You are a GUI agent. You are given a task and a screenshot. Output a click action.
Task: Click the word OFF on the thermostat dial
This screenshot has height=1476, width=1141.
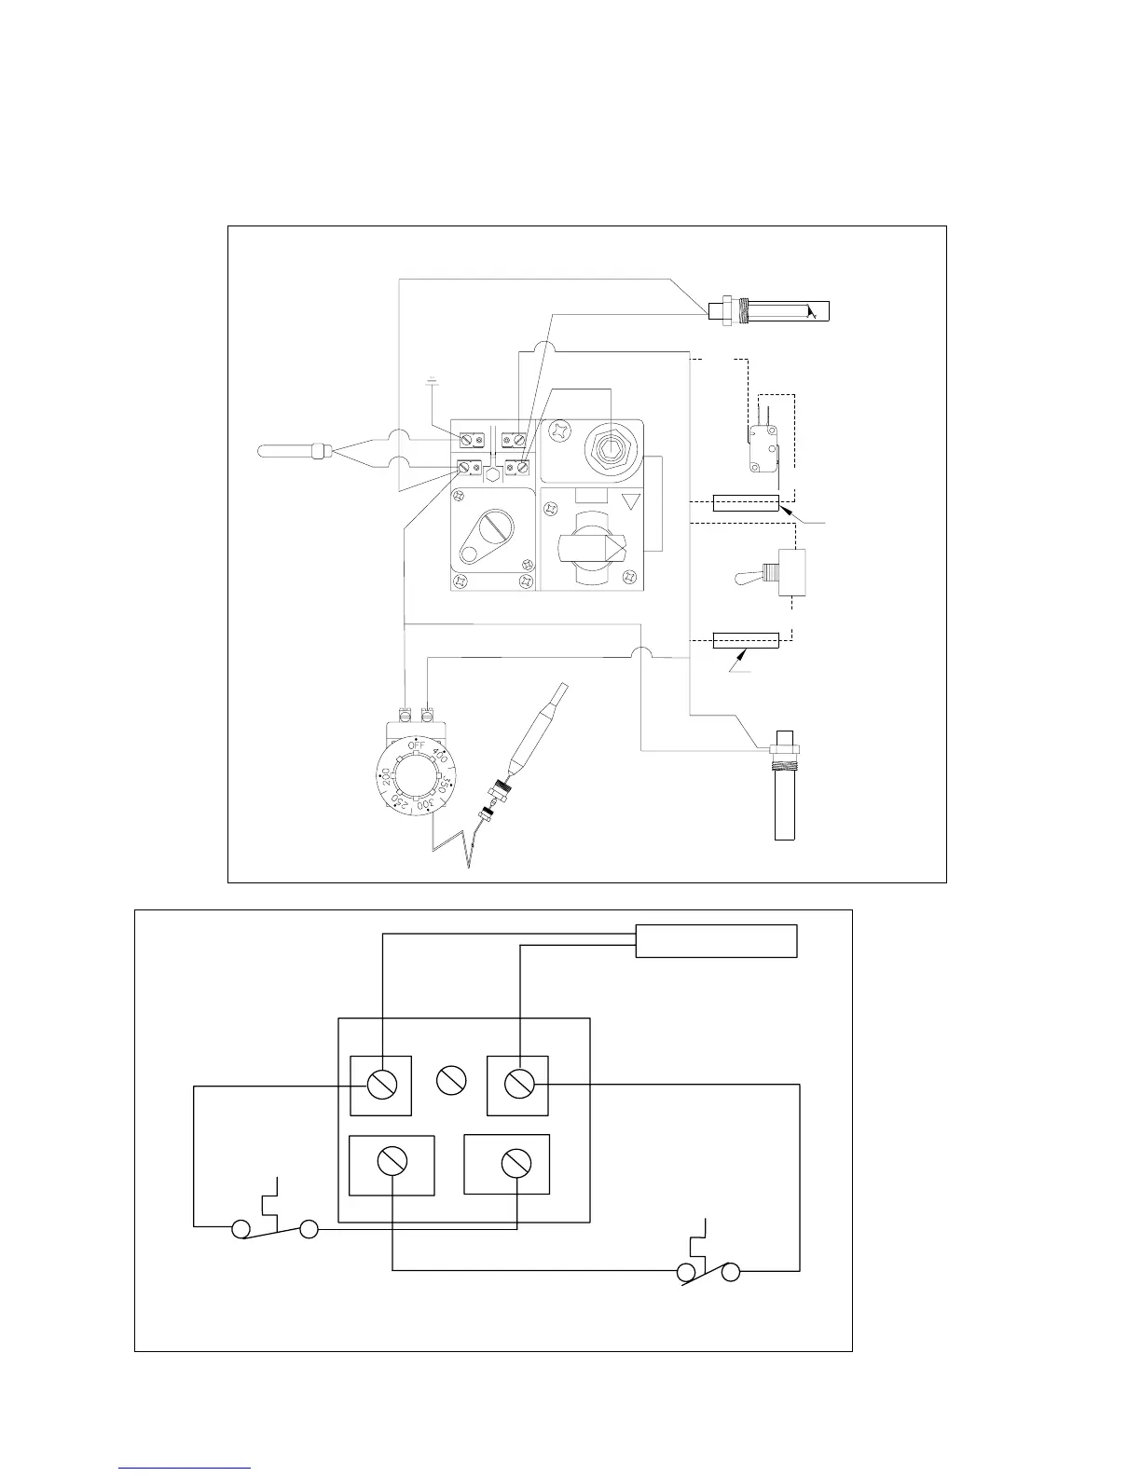point(416,746)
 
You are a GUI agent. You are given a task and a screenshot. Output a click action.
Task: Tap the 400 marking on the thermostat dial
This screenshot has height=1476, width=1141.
point(439,757)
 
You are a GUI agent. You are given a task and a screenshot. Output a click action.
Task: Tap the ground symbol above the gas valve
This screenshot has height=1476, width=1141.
point(432,380)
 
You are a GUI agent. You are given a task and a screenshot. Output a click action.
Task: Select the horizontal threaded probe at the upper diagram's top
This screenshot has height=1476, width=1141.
point(770,309)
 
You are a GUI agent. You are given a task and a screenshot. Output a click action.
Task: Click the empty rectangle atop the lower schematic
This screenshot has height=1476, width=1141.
point(716,940)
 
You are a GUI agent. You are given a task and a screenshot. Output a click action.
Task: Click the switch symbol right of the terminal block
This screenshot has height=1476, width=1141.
point(708,1263)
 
